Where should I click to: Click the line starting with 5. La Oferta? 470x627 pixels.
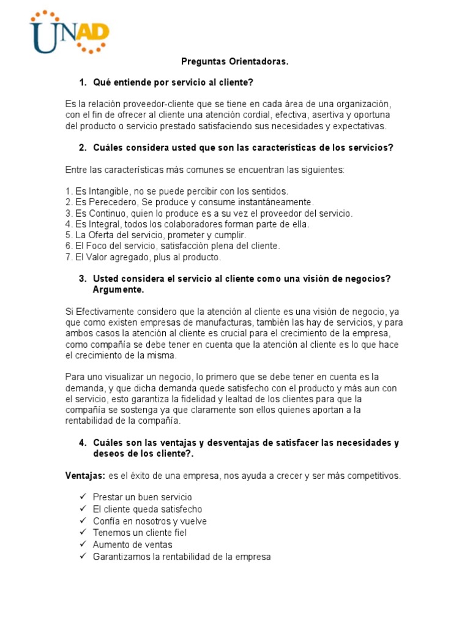155,235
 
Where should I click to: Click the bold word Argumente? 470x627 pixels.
119,289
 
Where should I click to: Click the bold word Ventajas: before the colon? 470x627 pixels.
86,475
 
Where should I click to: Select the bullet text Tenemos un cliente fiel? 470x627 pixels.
140,533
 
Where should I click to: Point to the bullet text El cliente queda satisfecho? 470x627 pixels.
147,509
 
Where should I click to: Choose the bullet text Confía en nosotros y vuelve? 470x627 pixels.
150,521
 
